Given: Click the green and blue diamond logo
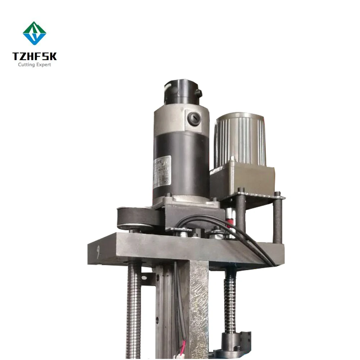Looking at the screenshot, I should coord(35,33).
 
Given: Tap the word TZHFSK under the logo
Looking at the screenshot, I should coord(35,57).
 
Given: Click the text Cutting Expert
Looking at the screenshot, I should coord(35,65).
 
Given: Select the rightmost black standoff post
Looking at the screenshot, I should coord(278,220).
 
